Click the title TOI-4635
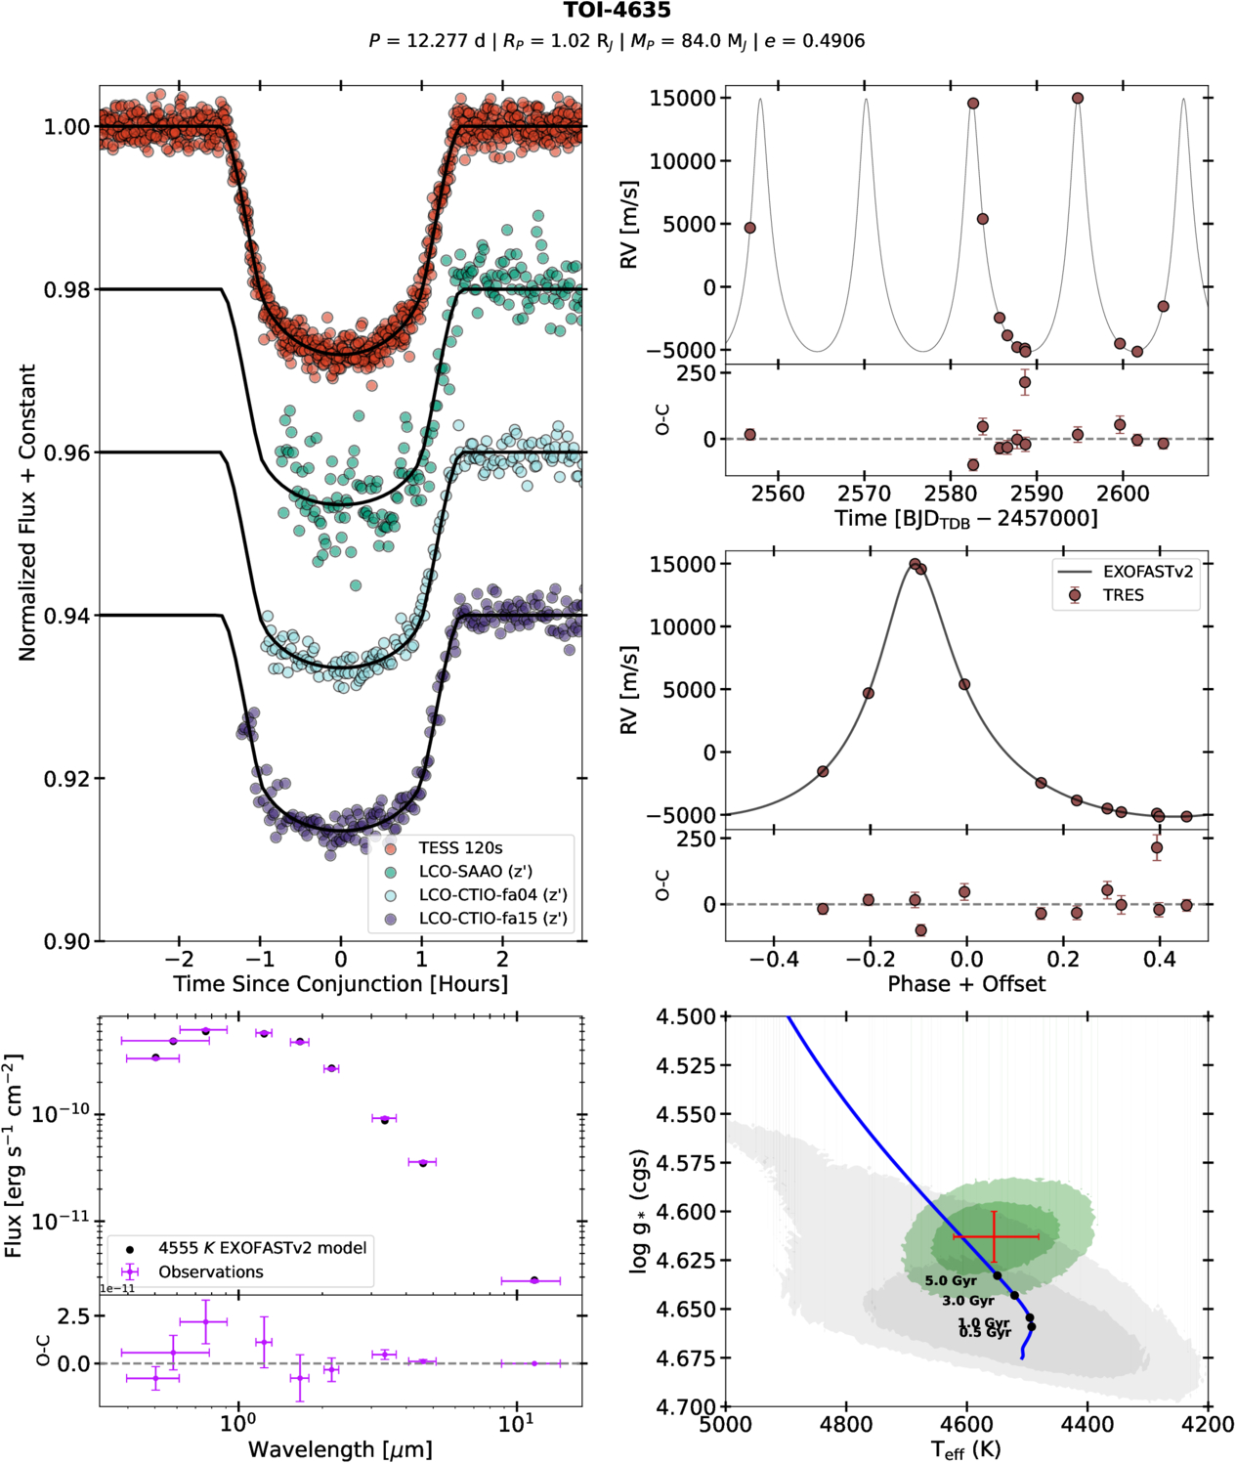[x=617, y=11]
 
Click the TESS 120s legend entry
[x=460, y=848]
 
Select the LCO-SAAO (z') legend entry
[x=475, y=872]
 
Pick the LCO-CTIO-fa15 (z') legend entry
[x=492, y=919]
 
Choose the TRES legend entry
[x=1123, y=595]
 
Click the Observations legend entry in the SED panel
[x=210, y=1272]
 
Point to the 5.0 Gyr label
[x=951, y=1280]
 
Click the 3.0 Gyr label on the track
[x=967, y=1301]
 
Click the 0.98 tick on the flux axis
[x=66, y=290]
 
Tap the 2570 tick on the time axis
[x=865, y=495]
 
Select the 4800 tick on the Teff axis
[x=846, y=1425]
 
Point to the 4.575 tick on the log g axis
[x=687, y=1163]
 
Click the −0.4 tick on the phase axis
[x=774, y=960]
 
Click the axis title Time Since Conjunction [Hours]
[x=340, y=984]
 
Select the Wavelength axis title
[x=340, y=1449]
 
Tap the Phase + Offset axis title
[x=966, y=984]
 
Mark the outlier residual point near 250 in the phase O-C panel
[x=1157, y=848]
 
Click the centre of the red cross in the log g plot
[x=994, y=1237]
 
